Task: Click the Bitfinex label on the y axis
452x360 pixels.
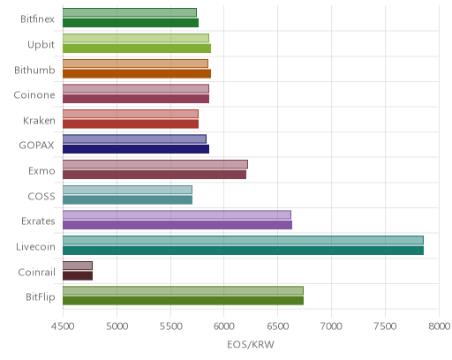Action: click(37, 19)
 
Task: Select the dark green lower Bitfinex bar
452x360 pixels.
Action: click(131, 23)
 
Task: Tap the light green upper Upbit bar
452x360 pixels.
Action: click(136, 38)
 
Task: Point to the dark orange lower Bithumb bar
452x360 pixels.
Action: click(137, 73)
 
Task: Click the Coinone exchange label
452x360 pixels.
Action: click(34, 95)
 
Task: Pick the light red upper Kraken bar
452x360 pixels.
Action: click(131, 114)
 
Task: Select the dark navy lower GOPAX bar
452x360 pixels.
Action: click(136, 149)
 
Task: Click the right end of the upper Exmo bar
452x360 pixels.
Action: click(248, 164)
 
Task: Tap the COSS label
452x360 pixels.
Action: click(41, 196)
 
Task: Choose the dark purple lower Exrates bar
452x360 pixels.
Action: click(177, 225)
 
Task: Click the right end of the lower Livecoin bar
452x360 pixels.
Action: click(424, 251)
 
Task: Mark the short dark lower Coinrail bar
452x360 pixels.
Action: click(78, 275)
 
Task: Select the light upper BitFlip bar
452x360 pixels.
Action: click(183, 290)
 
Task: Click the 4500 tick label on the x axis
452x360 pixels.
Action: click(63, 326)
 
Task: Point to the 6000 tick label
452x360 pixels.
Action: click(223, 326)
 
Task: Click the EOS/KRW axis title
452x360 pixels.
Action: click(251, 344)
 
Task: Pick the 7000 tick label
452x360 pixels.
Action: click(331, 326)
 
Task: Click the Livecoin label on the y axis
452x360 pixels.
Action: click(35, 246)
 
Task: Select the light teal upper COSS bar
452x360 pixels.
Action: click(127, 190)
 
